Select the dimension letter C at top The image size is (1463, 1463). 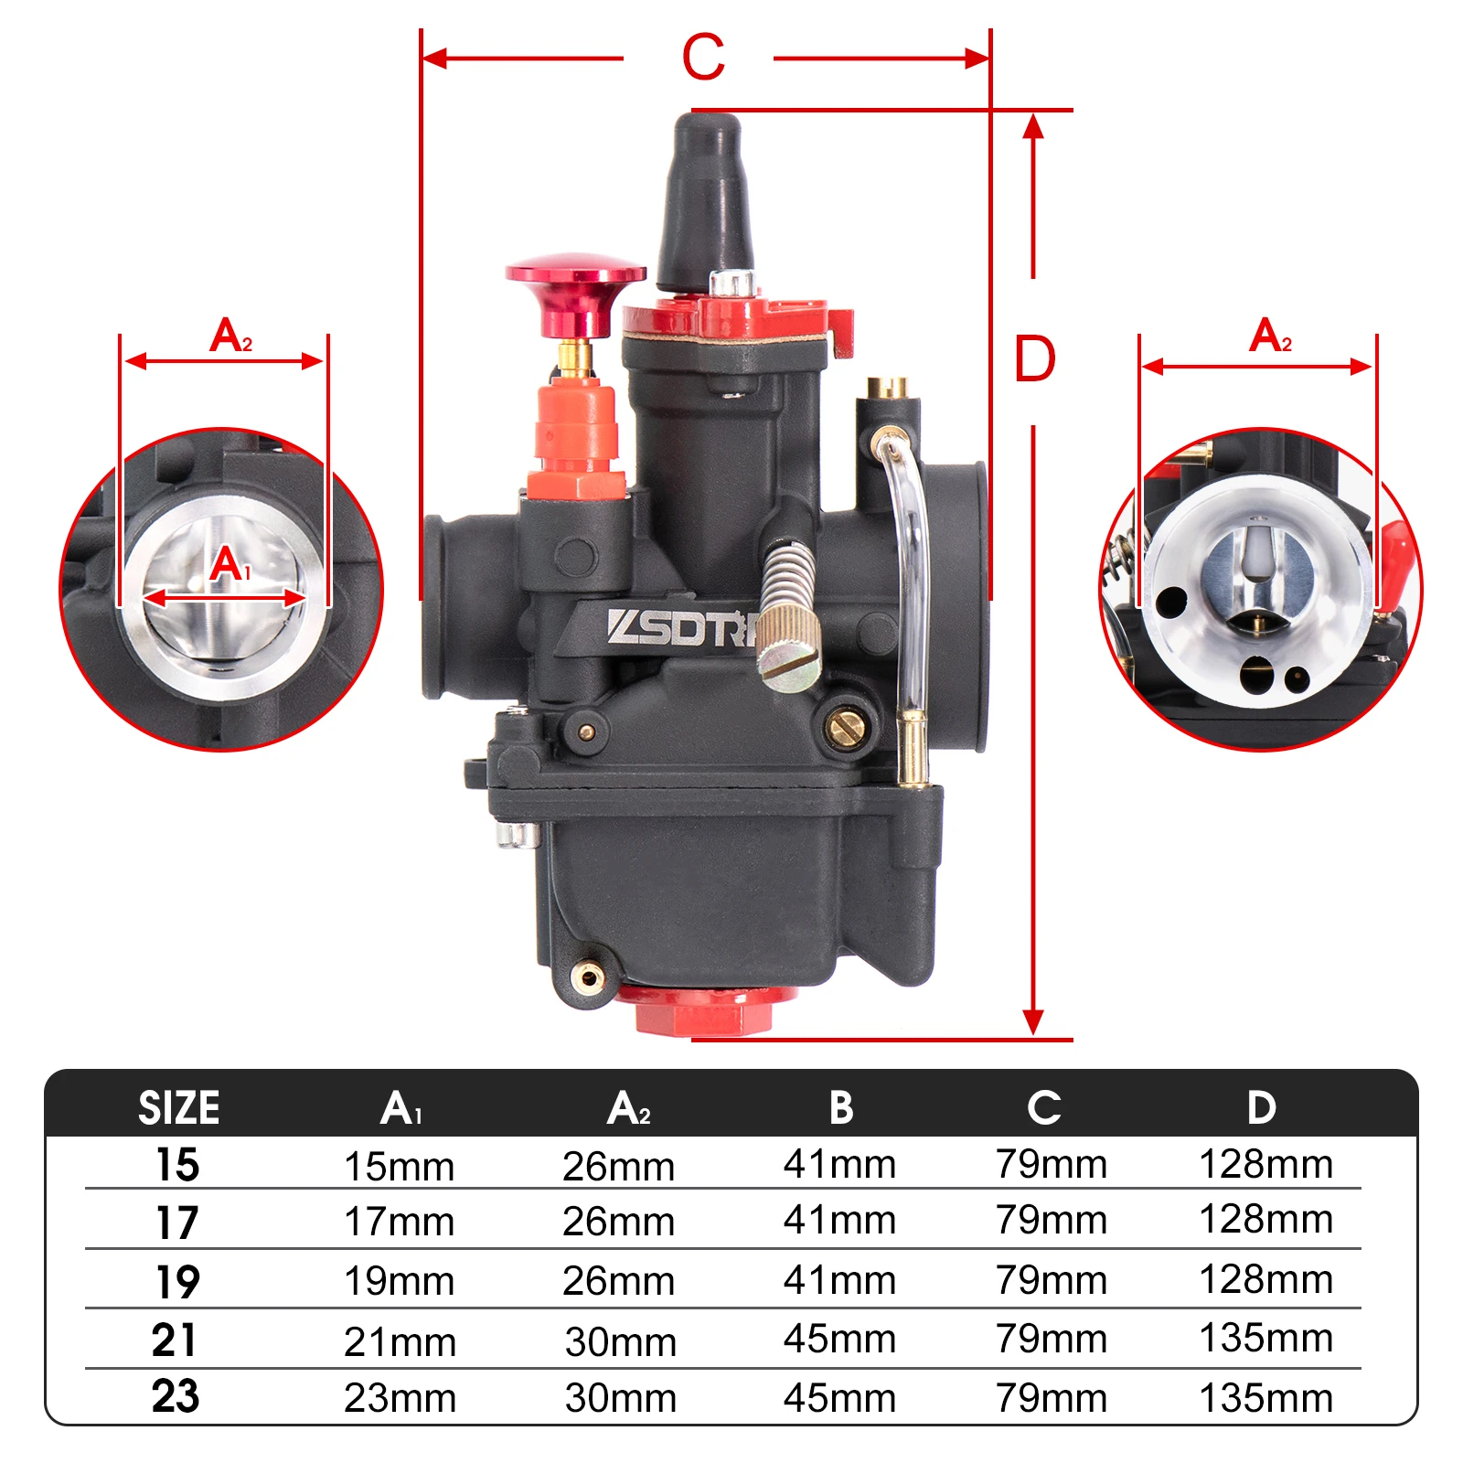[703, 58]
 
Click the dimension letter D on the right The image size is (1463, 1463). [1035, 358]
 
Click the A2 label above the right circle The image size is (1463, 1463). [1270, 335]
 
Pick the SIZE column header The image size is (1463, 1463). [179, 1107]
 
